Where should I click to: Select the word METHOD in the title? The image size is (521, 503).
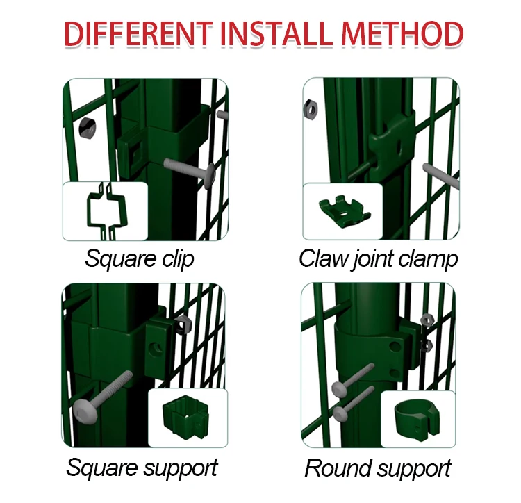tap(403, 34)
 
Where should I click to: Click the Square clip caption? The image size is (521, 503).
tap(139, 258)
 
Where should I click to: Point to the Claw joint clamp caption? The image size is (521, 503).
tap(379, 258)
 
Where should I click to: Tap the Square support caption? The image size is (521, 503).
tap(142, 467)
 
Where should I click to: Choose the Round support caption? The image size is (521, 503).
tap(378, 468)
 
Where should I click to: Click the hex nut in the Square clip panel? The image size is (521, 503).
tap(88, 126)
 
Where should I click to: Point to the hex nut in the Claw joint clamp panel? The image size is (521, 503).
tap(311, 108)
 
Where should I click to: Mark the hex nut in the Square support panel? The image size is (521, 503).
tap(184, 322)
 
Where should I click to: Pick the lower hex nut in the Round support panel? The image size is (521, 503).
tap(427, 344)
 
